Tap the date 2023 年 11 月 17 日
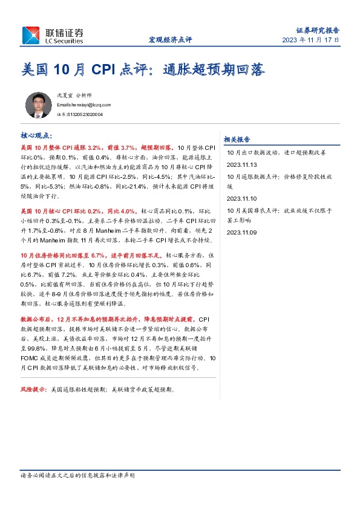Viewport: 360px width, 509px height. [310, 40]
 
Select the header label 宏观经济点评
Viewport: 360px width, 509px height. [170, 40]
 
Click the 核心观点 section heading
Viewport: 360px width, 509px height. [36, 136]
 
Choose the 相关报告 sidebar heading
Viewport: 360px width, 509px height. [237, 138]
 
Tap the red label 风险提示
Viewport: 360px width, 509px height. [34, 390]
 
